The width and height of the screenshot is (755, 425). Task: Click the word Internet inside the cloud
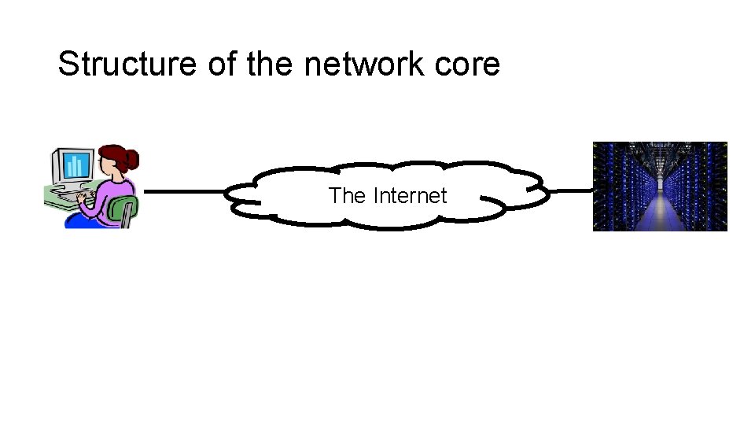tap(410, 195)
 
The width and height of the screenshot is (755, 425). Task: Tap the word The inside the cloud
tap(347, 195)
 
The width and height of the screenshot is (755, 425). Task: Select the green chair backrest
tap(125, 209)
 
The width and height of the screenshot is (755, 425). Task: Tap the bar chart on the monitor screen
tap(76, 165)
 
